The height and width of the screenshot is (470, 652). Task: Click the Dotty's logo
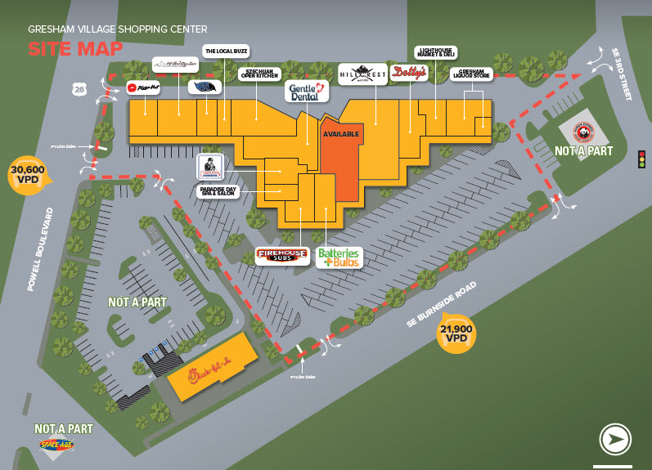[408, 73]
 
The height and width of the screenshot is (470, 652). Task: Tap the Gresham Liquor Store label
[475, 74]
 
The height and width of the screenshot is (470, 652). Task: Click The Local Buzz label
[226, 51]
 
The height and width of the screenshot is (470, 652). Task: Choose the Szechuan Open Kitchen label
[259, 74]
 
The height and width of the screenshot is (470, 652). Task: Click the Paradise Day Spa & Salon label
[216, 191]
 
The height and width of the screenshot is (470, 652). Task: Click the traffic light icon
[641, 159]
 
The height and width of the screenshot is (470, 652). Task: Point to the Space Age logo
[62, 445]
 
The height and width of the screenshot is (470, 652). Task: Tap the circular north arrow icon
[614, 439]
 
